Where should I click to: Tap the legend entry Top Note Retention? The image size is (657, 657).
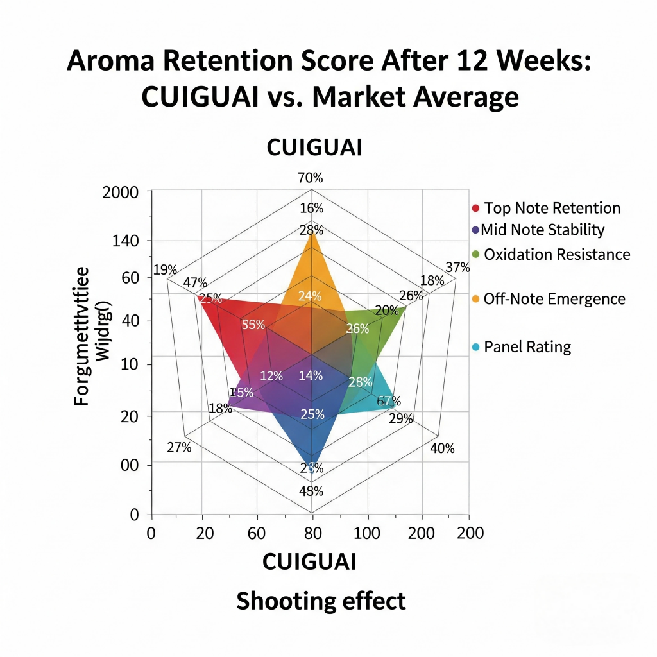pyautogui.click(x=552, y=208)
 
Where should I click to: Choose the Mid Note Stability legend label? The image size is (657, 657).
pyautogui.click(x=543, y=230)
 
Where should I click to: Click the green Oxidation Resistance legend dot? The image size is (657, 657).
pyautogui.click(x=475, y=254)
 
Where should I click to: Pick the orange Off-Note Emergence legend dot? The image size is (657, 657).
pyautogui.click(x=475, y=298)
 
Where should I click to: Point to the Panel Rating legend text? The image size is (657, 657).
pyautogui.click(x=527, y=347)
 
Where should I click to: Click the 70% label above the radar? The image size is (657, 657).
pyautogui.click(x=311, y=178)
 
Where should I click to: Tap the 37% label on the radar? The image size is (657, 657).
pyautogui.click(x=457, y=268)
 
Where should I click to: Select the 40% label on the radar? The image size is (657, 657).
pyautogui.click(x=441, y=448)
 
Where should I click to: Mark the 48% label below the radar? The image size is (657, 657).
pyautogui.click(x=311, y=492)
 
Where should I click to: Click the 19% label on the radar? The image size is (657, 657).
pyautogui.click(x=166, y=269)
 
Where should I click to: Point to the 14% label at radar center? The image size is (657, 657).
pyautogui.click(x=311, y=377)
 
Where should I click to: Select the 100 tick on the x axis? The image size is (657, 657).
pyautogui.click(x=368, y=533)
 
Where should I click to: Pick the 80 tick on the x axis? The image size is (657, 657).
pyautogui.click(x=312, y=533)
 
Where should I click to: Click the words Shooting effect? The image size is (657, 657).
pyautogui.click(x=321, y=601)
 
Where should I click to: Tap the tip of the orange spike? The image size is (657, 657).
pyautogui.click(x=312, y=233)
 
